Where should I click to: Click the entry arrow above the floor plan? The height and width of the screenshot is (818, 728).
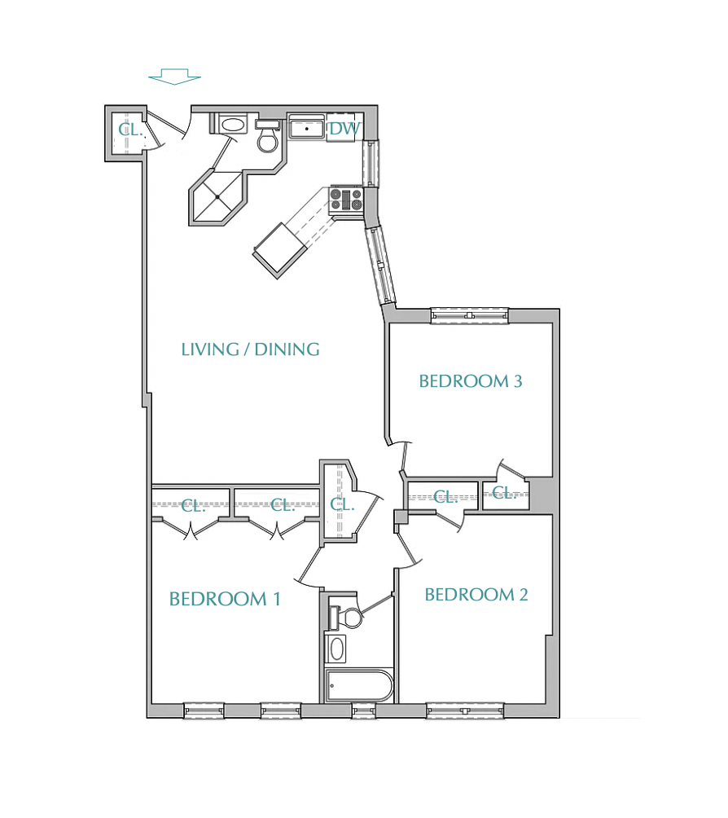click(174, 76)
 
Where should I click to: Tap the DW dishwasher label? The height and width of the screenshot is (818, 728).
click(344, 129)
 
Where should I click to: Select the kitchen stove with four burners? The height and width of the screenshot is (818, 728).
click(346, 199)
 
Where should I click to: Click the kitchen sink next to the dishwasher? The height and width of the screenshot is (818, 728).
click(307, 127)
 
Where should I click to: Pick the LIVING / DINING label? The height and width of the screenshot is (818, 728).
click(250, 349)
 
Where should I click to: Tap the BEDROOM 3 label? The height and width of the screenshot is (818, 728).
click(471, 381)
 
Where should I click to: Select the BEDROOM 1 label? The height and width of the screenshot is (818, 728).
click(225, 599)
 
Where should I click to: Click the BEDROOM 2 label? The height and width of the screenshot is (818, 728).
click(476, 594)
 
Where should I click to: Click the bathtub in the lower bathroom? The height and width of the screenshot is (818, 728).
click(359, 685)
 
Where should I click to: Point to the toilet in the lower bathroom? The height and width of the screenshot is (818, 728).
click(345, 617)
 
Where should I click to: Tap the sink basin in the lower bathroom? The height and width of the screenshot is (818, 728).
click(335, 649)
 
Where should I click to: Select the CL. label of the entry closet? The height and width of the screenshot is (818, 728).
click(130, 130)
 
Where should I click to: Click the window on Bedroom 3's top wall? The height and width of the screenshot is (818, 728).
click(469, 315)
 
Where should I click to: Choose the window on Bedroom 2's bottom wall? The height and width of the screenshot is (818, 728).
click(465, 710)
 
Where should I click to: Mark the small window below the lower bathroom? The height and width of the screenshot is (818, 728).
click(363, 710)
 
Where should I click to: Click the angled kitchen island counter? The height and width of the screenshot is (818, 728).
click(279, 250)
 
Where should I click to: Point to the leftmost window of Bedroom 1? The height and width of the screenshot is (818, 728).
click(204, 710)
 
